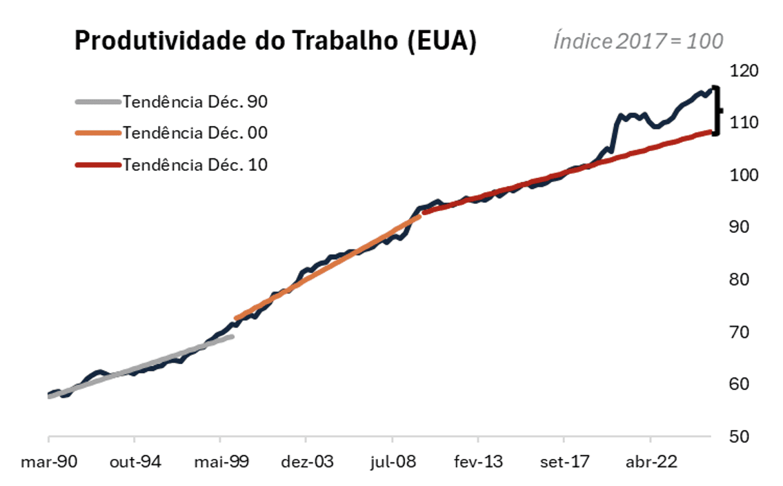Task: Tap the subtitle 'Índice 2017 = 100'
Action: coord(638,41)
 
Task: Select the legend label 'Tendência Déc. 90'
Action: coord(195,101)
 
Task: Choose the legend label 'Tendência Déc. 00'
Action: coord(195,132)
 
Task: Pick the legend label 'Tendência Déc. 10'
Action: coord(195,165)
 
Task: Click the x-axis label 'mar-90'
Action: coord(49,461)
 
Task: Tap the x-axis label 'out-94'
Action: coord(135,461)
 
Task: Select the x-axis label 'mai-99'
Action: coord(221,461)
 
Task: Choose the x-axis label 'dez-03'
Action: coord(306,461)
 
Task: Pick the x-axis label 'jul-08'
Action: coord(393,461)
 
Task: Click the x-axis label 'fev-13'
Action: coord(478,461)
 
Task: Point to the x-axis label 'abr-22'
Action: coord(650,461)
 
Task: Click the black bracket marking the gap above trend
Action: coord(717,110)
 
